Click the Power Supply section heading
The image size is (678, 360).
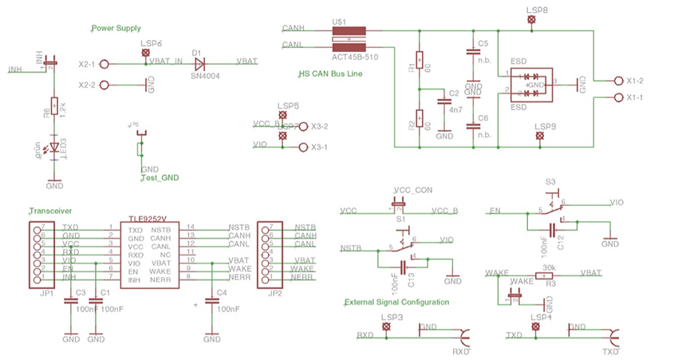pos(116,27)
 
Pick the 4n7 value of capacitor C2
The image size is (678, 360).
pos(455,109)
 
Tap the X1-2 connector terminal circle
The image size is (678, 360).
pos(618,81)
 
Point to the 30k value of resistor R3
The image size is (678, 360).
pos(549,267)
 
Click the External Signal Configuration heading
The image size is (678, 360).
pos(396,303)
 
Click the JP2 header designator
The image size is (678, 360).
pos(274,294)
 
